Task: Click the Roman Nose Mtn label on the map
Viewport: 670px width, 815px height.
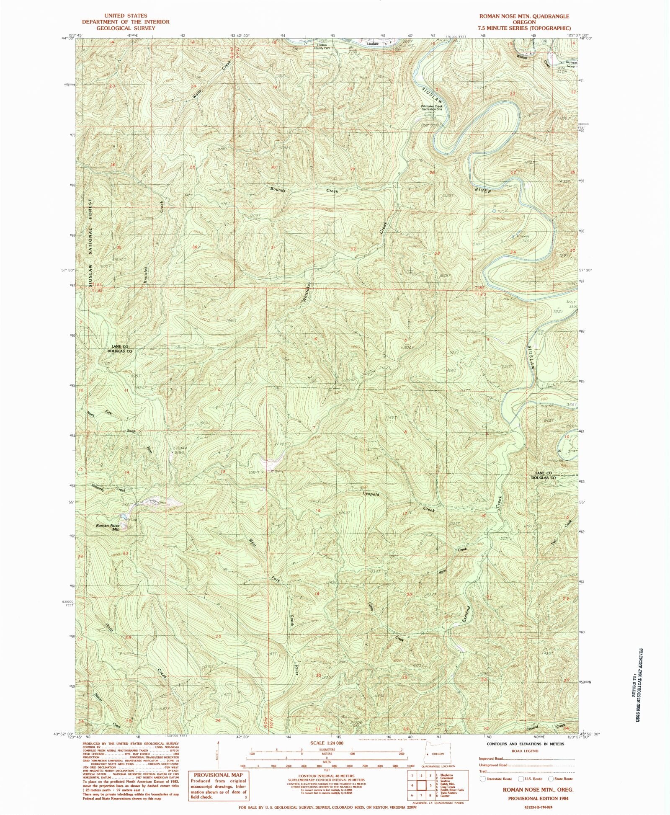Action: [x=108, y=527]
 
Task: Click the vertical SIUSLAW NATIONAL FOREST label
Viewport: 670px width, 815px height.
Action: [x=90, y=243]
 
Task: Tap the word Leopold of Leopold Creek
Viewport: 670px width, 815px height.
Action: [x=371, y=494]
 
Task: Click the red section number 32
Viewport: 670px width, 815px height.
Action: [x=353, y=249]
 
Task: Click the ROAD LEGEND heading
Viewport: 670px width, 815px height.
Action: [x=525, y=751]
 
